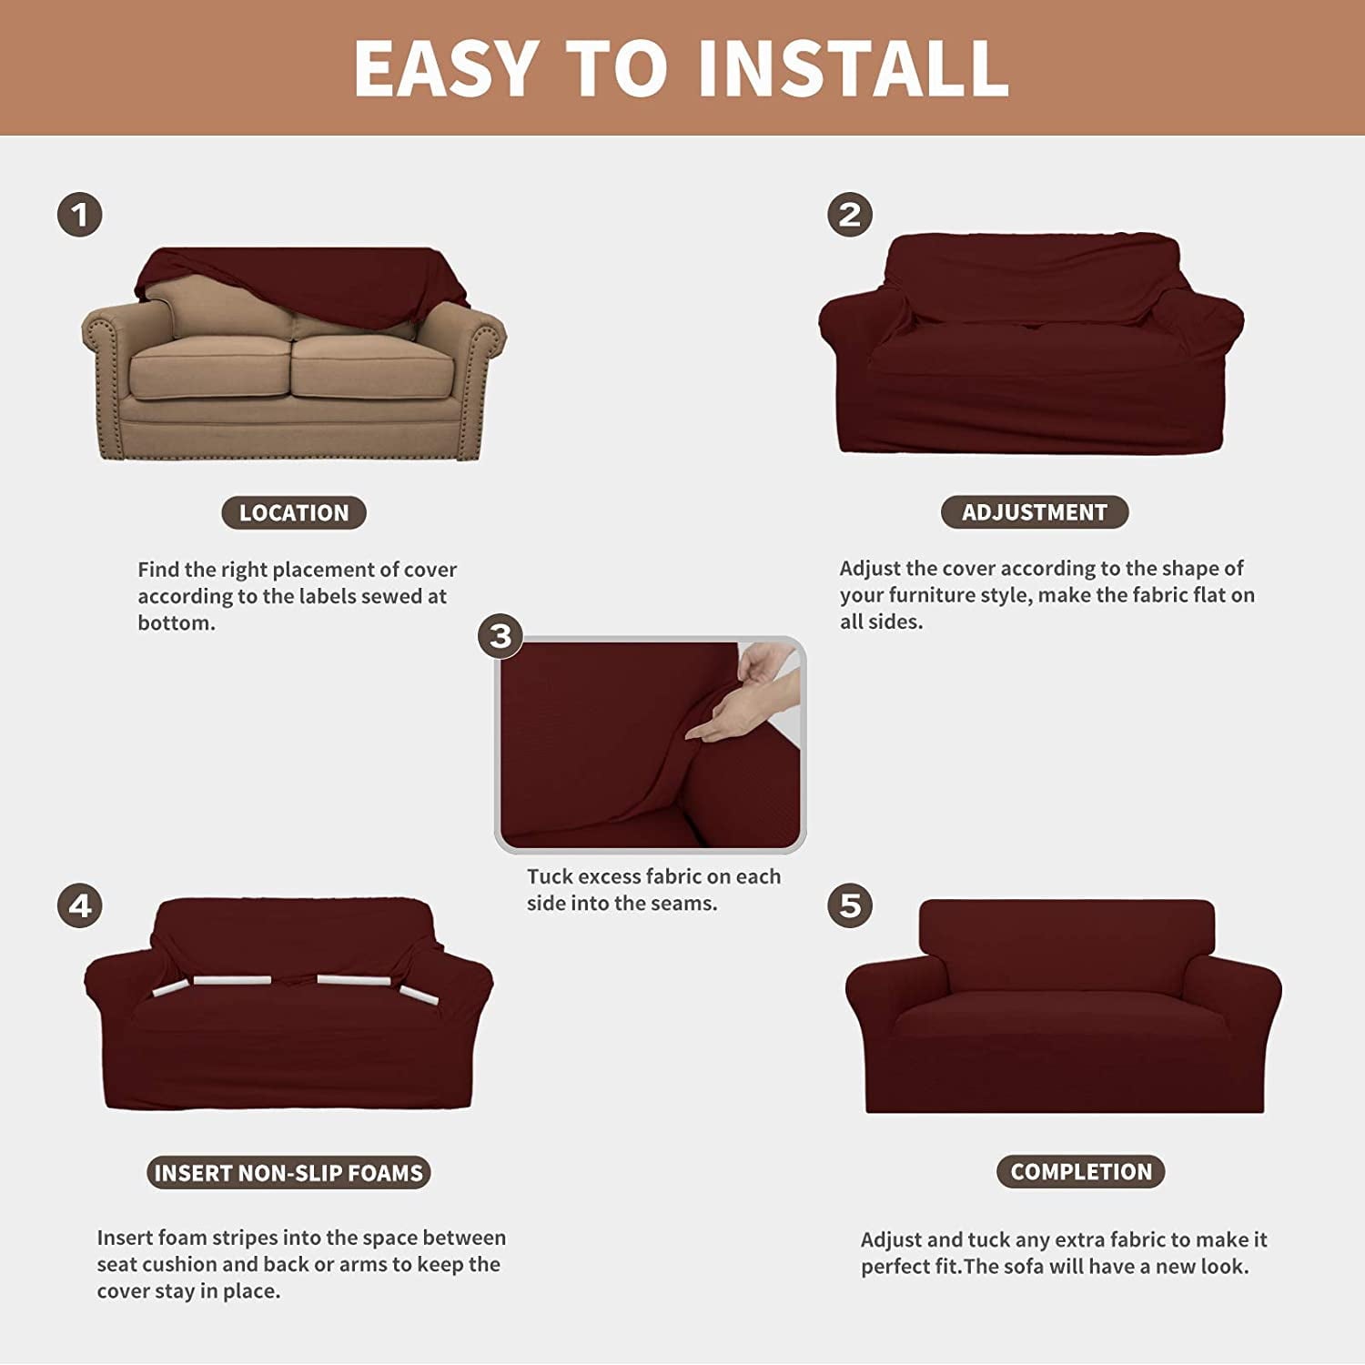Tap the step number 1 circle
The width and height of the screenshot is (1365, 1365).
(80, 215)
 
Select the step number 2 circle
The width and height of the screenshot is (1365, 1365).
(850, 215)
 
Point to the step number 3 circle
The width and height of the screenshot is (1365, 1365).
(500, 635)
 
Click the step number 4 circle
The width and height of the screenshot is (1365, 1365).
(80, 905)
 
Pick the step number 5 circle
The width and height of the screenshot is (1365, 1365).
(850, 905)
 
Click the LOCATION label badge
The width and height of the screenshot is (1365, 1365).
(293, 512)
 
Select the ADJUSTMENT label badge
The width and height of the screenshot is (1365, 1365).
(1035, 512)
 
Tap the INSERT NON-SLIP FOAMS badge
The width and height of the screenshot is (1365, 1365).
(288, 1173)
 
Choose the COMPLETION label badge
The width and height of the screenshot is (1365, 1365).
(1081, 1172)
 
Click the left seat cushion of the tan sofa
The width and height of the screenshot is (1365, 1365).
(208, 367)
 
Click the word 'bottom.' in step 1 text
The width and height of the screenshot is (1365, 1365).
(177, 623)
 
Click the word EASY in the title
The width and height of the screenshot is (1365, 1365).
(446, 68)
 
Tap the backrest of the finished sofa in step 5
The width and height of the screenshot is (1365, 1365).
(1066, 937)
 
